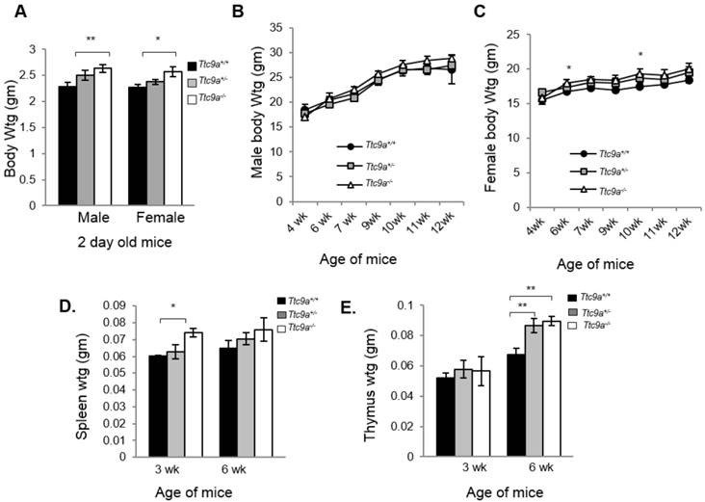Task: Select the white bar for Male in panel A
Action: (x=103, y=136)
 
